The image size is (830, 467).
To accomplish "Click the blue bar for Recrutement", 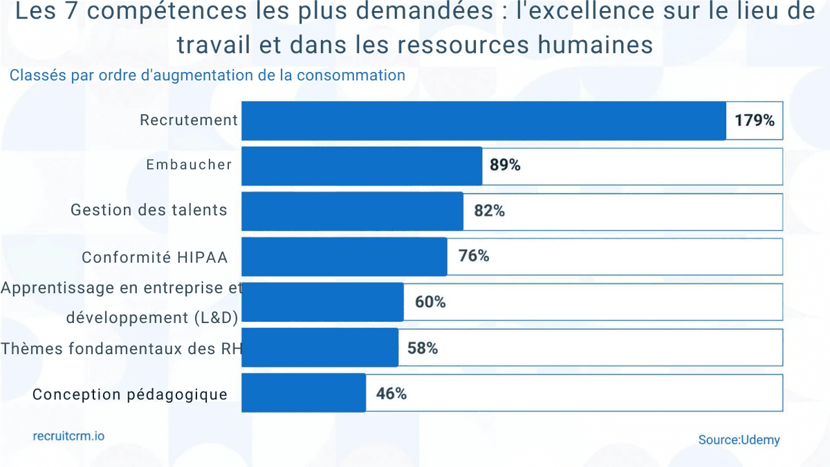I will click(483, 121).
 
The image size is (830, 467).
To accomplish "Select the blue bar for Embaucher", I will click(362, 166).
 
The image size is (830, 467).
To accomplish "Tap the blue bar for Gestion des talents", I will click(352, 211).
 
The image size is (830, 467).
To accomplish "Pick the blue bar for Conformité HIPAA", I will click(344, 257).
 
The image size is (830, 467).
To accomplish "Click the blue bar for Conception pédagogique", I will click(303, 393).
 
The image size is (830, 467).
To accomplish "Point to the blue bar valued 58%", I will click(320, 347).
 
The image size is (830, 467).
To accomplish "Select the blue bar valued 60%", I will click(322, 302).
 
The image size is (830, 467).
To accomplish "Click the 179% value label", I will click(755, 121).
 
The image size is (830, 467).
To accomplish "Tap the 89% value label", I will click(505, 166).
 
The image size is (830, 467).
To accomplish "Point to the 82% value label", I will click(489, 212).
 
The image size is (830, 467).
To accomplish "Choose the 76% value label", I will click(474, 256).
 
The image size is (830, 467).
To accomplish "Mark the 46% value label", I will click(391, 394).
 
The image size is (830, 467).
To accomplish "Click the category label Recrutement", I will click(189, 120).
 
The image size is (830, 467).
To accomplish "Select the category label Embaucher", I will click(189, 165).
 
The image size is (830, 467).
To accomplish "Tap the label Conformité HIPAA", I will click(155, 257).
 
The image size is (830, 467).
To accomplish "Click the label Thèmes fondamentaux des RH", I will click(121, 349).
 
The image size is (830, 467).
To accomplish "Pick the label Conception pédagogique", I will click(130, 394).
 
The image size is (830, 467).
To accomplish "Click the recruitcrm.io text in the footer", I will click(68, 437).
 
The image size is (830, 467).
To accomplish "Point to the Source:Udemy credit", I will click(739, 439).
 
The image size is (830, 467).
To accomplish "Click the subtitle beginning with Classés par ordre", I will click(207, 75).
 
